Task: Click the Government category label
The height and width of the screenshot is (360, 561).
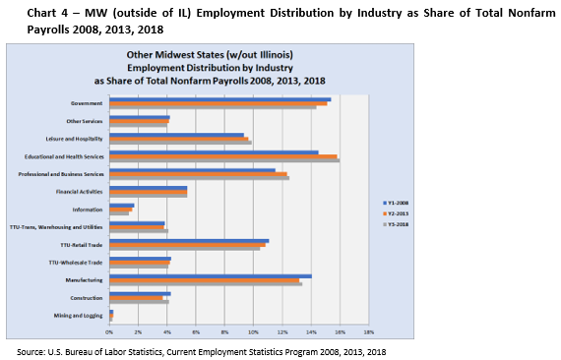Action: point(89,103)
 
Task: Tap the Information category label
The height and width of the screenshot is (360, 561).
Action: point(89,210)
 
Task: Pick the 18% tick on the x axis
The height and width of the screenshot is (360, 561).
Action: point(368,332)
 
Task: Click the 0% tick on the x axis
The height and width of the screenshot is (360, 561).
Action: point(109,332)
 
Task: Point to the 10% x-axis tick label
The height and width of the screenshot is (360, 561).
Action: point(253,332)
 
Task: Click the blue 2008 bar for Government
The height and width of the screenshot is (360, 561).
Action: point(219,99)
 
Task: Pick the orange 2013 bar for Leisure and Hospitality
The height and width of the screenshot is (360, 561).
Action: point(178,139)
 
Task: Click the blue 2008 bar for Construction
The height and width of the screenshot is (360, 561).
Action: point(140,293)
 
